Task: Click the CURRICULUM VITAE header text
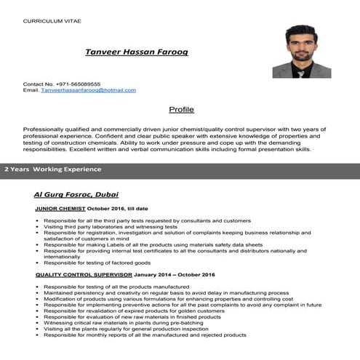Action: (x=52, y=21)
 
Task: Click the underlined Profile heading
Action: (x=181, y=110)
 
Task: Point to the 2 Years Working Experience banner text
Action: (x=53, y=169)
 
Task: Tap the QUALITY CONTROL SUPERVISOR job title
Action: (x=83, y=275)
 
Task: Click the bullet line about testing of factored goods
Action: (x=97, y=263)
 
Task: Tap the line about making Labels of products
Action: (x=153, y=244)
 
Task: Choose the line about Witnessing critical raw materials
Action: (x=131, y=323)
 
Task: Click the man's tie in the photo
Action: (x=302, y=66)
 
